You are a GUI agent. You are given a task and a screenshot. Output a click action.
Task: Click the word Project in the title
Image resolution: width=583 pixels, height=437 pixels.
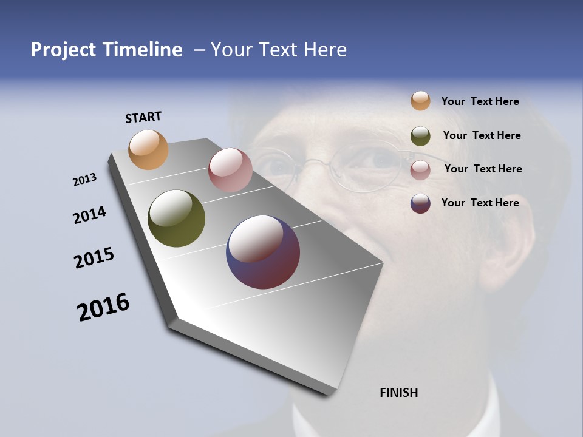63,50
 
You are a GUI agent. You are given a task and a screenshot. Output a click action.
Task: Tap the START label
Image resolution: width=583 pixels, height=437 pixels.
143,117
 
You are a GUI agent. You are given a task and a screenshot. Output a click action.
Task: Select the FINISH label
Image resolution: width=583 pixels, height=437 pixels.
398,393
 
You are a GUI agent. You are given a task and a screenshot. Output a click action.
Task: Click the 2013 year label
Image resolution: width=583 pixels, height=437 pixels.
85,180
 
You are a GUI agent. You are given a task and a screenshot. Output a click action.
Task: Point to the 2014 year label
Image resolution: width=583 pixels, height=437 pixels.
90,215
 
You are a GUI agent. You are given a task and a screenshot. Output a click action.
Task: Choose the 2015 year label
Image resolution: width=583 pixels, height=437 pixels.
94,258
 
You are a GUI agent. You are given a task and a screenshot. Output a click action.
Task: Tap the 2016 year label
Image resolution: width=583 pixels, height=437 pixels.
103,307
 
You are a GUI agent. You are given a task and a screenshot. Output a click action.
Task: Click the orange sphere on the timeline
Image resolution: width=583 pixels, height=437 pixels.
149,149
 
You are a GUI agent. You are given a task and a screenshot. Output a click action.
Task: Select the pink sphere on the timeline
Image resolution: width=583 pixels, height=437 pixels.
230,170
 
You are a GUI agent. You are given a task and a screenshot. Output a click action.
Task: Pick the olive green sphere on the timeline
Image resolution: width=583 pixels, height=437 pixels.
176,218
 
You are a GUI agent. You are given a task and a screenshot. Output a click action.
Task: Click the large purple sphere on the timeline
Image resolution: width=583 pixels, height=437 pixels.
263,252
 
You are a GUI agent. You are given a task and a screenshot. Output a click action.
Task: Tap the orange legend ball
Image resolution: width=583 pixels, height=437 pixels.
420,101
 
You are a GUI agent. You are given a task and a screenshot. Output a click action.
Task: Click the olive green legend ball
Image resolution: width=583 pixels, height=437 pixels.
420,136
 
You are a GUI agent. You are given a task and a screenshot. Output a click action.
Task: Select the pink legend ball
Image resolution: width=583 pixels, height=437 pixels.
420,169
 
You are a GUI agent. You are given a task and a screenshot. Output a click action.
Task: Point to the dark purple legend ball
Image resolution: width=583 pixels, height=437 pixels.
420,203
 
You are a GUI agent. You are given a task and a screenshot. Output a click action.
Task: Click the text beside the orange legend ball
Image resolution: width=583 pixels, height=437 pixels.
480,102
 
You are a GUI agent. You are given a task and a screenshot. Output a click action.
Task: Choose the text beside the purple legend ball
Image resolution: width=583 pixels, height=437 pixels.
480,203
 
